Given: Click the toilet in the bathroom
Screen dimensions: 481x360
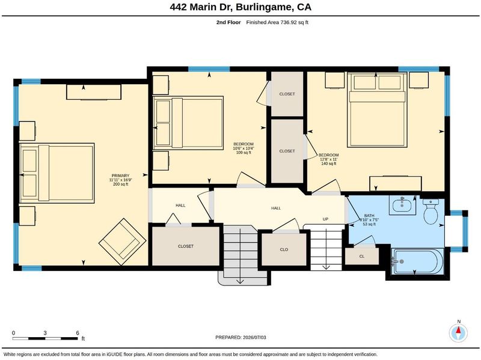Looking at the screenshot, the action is (x=431, y=212).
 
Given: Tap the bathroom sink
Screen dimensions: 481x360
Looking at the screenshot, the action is (x=402, y=205).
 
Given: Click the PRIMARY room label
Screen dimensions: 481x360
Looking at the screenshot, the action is (x=121, y=175).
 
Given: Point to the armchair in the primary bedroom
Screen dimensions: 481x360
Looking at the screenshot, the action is (x=123, y=242).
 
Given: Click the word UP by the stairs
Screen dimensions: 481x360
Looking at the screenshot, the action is (x=325, y=219).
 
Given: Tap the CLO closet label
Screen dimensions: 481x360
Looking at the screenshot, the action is (x=284, y=249).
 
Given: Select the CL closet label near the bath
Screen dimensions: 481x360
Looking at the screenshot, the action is (x=362, y=257).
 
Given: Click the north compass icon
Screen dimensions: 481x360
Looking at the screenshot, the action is (x=458, y=332).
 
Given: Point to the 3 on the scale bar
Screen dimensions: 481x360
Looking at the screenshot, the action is (x=45, y=333).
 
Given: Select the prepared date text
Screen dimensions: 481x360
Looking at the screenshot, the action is (x=241, y=337).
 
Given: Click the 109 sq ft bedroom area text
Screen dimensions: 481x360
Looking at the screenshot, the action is (x=244, y=153).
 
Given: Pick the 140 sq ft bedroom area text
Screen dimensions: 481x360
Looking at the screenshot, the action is (x=329, y=163).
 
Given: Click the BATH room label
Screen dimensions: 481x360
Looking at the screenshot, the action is (x=369, y=216).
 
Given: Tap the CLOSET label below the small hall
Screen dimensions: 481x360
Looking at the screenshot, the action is (x=186, y=246).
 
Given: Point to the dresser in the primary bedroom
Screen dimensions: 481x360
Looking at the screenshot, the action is (x=94, y=92).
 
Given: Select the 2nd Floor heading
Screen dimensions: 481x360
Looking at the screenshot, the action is (x=228, y=22).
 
